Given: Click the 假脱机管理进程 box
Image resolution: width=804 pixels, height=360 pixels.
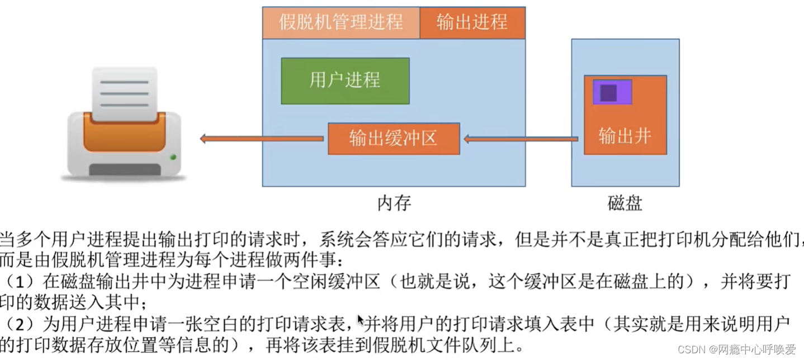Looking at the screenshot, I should click(x=340, y=22).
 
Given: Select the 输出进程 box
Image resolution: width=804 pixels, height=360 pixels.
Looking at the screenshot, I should click(x=472, y=22).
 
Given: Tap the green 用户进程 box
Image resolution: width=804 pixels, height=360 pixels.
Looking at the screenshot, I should click(x=345, y=80).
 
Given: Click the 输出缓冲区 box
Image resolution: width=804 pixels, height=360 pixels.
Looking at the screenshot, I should click(x=393, y=138).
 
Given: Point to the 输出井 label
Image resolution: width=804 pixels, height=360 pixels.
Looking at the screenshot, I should click(x=625, y=136).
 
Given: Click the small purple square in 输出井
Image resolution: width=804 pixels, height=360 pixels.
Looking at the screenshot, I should click(x=608, y=93).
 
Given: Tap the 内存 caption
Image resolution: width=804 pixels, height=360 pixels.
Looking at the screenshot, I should click(x=394, y=202).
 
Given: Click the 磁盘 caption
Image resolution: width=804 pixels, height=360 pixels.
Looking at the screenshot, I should click(x=625, y=202).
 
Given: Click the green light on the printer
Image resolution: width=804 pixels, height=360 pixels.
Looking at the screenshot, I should click(x=173, y=157).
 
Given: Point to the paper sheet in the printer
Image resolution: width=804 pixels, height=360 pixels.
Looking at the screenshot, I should click(x=124, y=92).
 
